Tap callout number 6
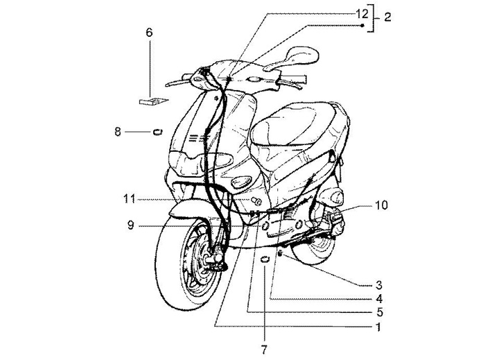click(149, 32)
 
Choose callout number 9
click(131, 225)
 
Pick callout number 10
click(382, 205)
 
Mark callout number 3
click(379, 284)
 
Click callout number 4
click(379, 298)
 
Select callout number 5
click(379, 311)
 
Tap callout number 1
click(379, 325)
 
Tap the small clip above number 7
click(265, 260)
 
